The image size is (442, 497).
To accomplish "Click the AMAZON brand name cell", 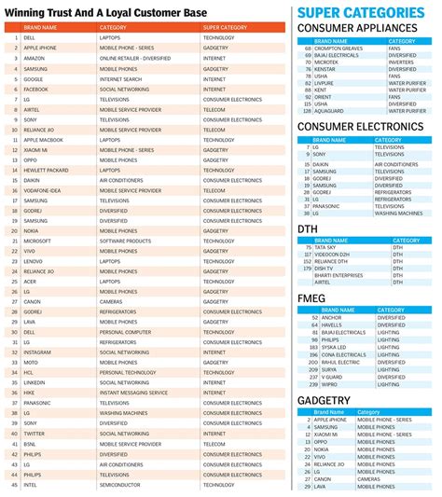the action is (x=35, y=58).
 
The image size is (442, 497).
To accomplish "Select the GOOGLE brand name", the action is (x=35, y=79).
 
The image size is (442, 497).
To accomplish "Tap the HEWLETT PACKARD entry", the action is (x=46, y=169).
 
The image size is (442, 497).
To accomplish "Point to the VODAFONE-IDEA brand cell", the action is (x=43, y=190).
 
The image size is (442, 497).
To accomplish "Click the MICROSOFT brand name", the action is (x=38, y=240).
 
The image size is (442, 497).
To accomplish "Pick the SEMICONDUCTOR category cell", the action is (x=120, y=485).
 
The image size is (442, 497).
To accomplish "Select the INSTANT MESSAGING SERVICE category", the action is (x=132, y=393).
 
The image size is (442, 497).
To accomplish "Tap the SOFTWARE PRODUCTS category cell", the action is (x=125, y=240).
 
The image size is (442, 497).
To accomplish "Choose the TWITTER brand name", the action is (x=35, y=434).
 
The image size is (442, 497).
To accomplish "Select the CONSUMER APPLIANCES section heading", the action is (x=356, y=28).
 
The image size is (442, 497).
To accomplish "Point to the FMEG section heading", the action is (x=311, y=297).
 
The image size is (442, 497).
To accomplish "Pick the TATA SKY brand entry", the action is (x=325, y=246).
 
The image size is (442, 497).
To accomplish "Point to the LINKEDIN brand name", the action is (x=35, y=382).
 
